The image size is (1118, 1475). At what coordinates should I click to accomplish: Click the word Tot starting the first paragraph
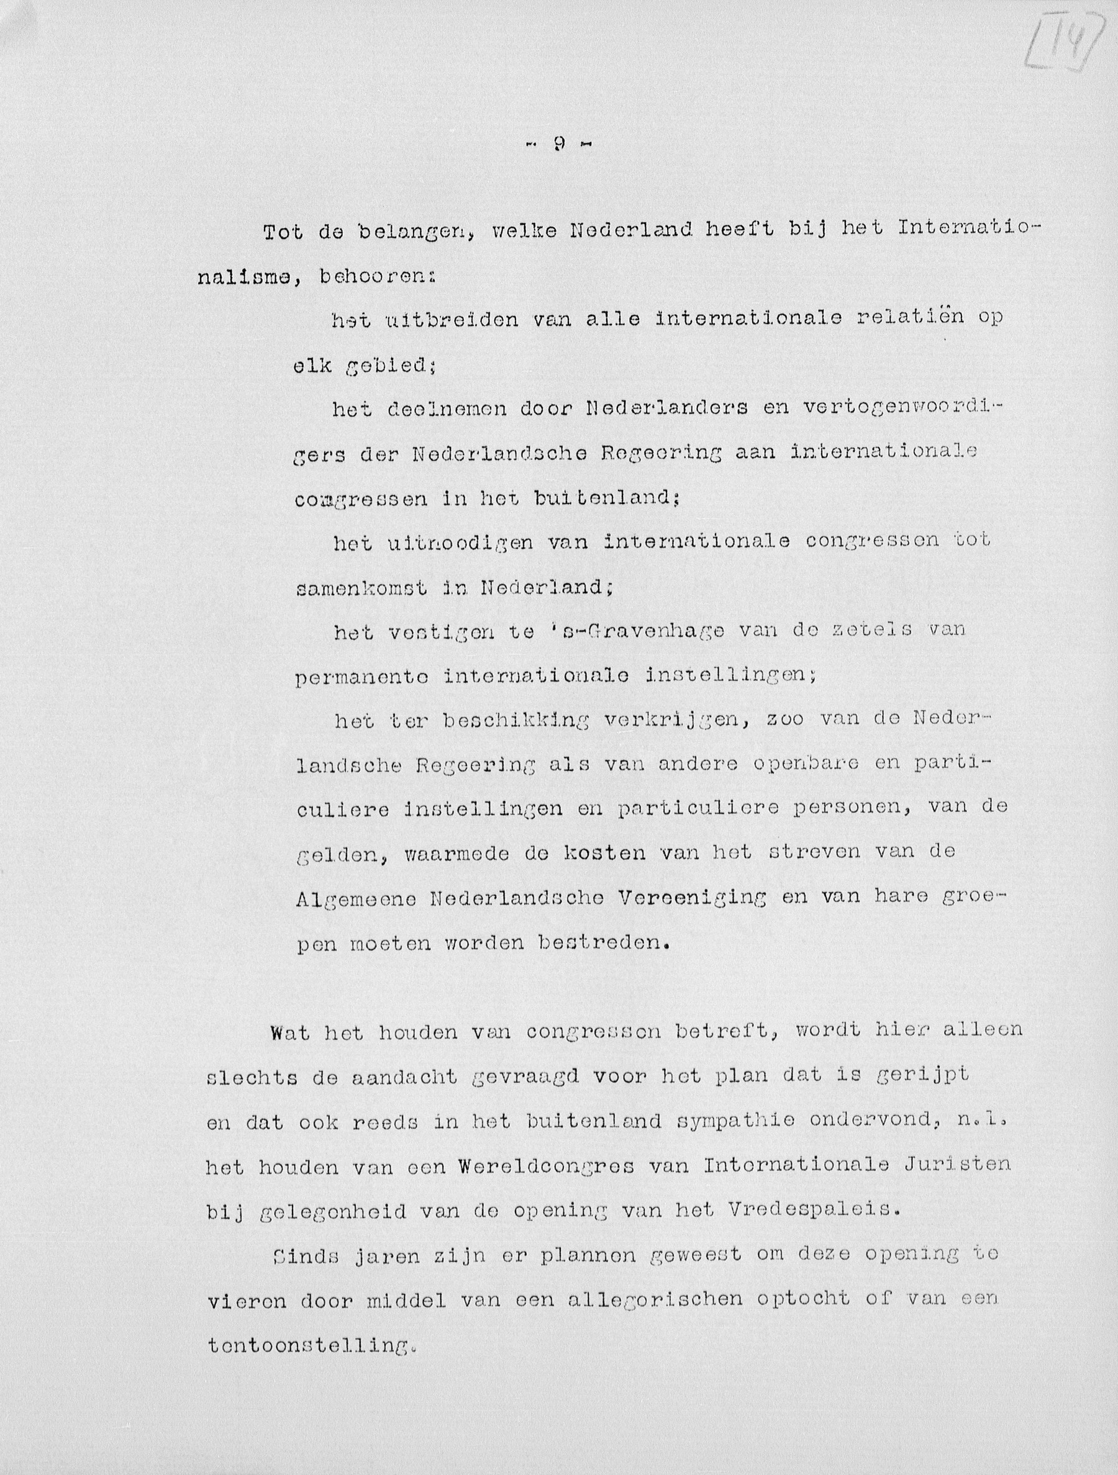283,233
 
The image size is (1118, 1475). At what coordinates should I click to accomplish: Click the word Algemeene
357,899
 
